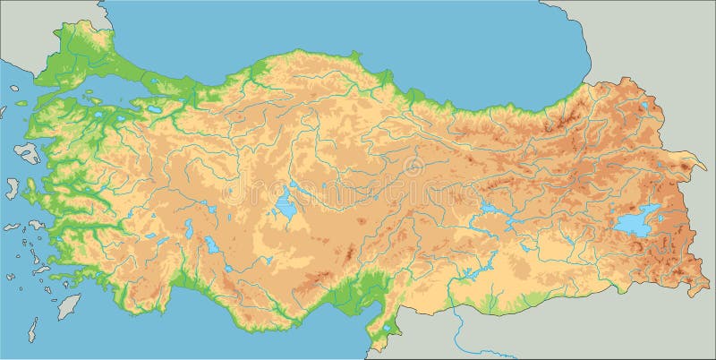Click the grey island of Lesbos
point(26,152)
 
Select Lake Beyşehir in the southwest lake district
point(212,244)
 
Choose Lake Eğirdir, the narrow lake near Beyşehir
point(189,229)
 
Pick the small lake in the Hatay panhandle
point(388,329)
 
